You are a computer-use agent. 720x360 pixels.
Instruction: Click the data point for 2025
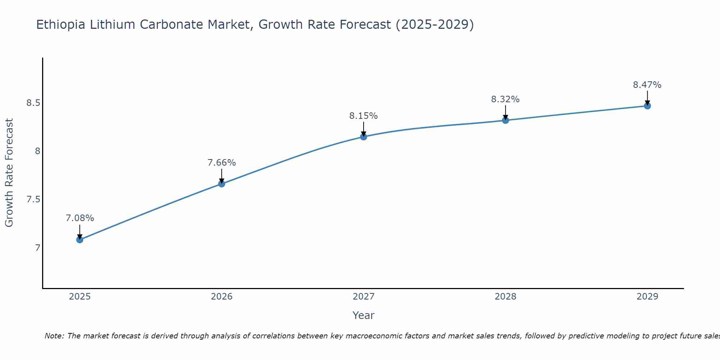(x=80, y=239)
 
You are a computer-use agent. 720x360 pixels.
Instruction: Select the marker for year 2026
(x=222, y=184)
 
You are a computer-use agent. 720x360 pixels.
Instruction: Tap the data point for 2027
(x=364, y=136)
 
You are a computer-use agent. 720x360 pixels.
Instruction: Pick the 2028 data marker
(x=505, y=120)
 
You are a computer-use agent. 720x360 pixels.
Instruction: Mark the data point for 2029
(x=647, y=105)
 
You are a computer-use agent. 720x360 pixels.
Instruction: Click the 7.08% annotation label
(x=80, y=218)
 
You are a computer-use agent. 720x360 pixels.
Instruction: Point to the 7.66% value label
(x=222, y=163)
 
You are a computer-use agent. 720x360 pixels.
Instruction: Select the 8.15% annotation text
(x=364, y=116)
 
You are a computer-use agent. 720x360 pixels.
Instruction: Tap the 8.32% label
(x=505, y=99)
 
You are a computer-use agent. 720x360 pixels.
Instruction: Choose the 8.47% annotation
(x=647, y=85)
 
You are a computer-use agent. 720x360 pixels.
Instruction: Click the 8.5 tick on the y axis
(x=33, y=103)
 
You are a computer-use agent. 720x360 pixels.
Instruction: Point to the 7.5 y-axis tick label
(x=33, y=199)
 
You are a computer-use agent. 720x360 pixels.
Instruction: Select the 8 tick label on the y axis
(x=37, y=151)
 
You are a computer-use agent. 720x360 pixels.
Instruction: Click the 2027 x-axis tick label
(x=364, y=297)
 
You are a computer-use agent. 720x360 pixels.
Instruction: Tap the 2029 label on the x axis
(x=647, y=297)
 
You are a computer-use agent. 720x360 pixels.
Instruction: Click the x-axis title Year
(x=364, y=315)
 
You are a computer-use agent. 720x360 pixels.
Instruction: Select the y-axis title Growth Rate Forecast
(x=9, y=173)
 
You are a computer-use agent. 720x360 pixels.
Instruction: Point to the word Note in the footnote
(x=54, y=336)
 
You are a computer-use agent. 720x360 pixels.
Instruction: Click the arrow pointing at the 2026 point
(x=222, y=176)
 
